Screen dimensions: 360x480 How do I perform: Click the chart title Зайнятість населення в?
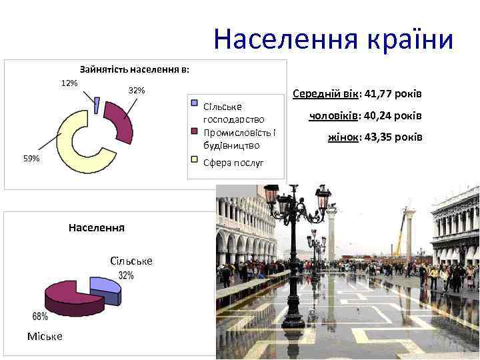coord(134,69)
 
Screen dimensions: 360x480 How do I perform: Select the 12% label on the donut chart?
coord(69,83)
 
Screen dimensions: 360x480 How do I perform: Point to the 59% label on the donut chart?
coord(31,159)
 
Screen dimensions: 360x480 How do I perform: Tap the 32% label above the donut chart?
coord(136,90)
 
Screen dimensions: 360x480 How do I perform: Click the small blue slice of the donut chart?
coord(97,105)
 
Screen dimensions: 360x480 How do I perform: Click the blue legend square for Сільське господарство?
coord(194,103)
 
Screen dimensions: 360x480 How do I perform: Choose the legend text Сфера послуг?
coord(233,162)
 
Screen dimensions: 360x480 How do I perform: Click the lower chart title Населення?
coord(97,227)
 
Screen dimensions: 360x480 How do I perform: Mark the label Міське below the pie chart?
coord(45,336)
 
